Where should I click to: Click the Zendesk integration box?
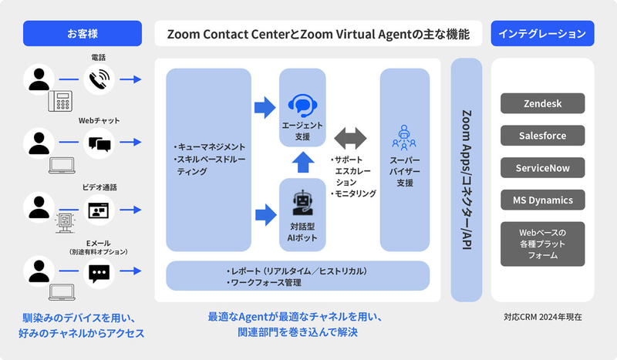click(542, 103)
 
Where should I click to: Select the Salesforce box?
click(542, 136)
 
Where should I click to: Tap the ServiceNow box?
click(542, 168)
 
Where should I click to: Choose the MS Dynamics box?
click(542, 200)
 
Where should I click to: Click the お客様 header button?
click(83, 33)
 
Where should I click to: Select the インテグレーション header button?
click(542, 33)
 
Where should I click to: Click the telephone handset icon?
click(99, 79)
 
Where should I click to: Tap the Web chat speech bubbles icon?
click(99, 144)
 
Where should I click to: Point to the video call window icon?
click(99, 210)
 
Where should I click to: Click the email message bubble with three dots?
click(99, 274)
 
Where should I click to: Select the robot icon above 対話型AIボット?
click(302, 203)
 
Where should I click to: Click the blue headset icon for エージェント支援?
click(302, 105)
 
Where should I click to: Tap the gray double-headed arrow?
click(350, 138)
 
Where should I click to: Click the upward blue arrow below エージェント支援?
click(303, 162)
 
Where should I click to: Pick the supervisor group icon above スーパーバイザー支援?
click(404, 138)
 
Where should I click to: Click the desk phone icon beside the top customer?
click(60, 101)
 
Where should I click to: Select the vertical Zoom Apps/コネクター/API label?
click(467, 180)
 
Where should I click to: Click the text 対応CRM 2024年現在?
click(543, 317)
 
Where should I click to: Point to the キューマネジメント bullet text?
click(210, 147)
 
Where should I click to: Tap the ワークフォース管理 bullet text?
click(264, 282)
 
